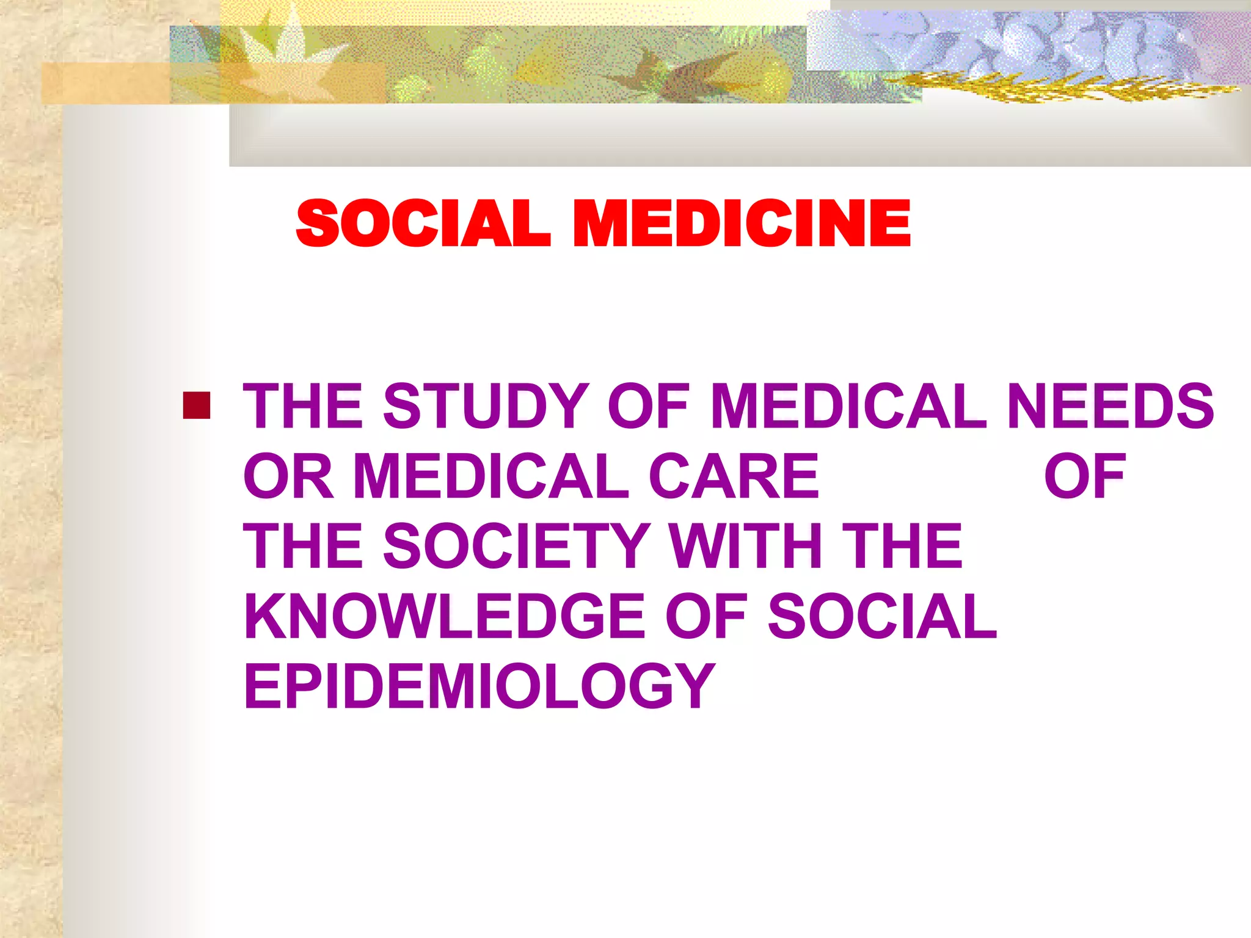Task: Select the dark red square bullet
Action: coord(197,405)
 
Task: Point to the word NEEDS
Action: coord(1110,405)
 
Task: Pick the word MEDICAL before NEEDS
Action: coord(849,405)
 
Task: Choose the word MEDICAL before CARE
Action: coord(491,476)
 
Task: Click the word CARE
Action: coord(733,476)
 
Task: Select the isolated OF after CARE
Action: coord(1084,476)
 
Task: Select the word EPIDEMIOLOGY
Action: coord(480,686)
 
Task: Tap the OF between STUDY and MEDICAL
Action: coord(648,405)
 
